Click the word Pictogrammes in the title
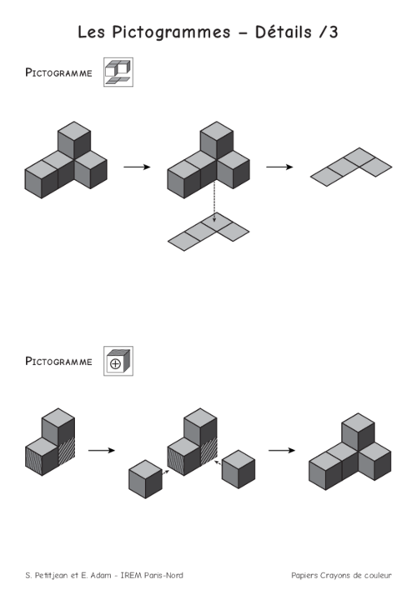(x=171, y=32)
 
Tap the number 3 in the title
(x=334, y=32)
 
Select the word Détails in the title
(x=284, y=32)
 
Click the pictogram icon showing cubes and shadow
(x=118, y=72)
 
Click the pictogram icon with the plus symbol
(x=118, y=361)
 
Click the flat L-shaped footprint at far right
(x=351, y=167)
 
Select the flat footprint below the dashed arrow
(x=208, y=232)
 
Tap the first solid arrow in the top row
(x=137, y=167)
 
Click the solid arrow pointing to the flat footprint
(x=279, y=167)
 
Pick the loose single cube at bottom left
(x=145, y=479)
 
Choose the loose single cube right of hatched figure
(x=239, y=469)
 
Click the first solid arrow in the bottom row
(x=102, y=450)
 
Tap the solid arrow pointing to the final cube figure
(x=282, y=450)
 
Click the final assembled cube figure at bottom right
(x=350, y=452)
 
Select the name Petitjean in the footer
(x=51, y=575)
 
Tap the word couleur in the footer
(x=379, y=575)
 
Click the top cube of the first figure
(x=74, y=140)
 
